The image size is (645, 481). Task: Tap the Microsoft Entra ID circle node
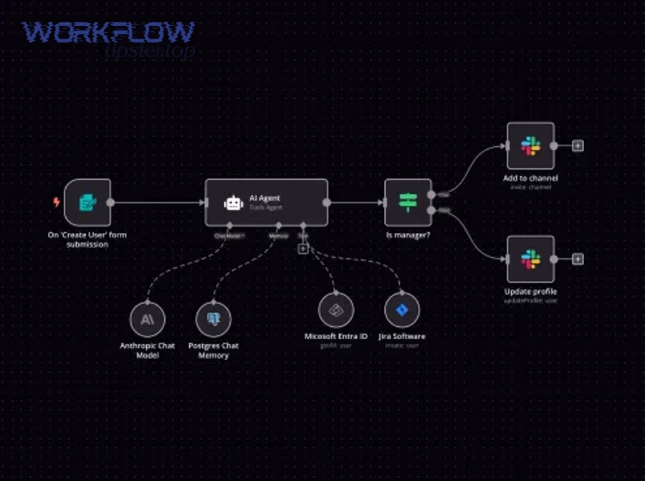[x=335, y=310]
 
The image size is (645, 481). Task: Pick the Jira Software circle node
[x=401, y=310]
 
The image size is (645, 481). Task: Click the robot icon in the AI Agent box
[x=234, y=204]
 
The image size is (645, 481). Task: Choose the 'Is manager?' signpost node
[x=408, y=203]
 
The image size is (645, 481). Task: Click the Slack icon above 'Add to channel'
[x=530, y=146]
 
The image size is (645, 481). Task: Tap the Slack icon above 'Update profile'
[x=530, y=259]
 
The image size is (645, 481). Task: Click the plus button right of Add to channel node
[x=578, y=146]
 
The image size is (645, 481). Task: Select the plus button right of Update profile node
[x=578, y=259]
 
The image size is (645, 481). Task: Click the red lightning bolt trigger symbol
[x=57, y=203]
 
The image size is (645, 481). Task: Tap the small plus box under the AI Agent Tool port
[x=303, y=249]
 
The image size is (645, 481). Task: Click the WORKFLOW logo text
[x=107, y=32]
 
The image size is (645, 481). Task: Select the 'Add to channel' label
[x=530, y=178]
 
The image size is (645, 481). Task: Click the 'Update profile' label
[x=530, y=292]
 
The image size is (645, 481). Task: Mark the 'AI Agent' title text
[x=264, y=198]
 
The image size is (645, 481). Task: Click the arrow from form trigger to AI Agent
[x=158, y=203]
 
